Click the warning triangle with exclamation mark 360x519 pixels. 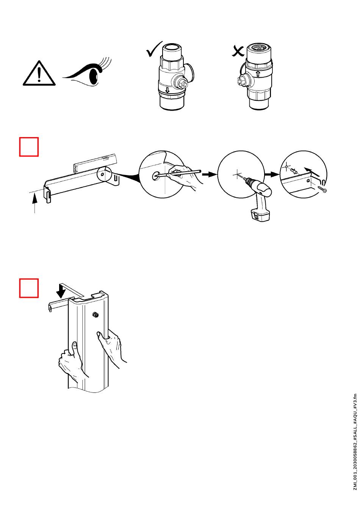coord(39,74)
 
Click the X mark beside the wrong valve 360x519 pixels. coord(238,51)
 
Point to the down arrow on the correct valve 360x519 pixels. coord(167,91)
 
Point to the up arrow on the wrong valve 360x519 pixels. coord(258,73)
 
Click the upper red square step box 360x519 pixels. coord(29,147)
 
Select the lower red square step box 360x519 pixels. coord(29,288)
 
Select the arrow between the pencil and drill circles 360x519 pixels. coord(208,175)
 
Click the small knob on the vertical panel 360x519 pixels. coord(95,315)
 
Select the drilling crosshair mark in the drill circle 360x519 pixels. coord(238,175)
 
